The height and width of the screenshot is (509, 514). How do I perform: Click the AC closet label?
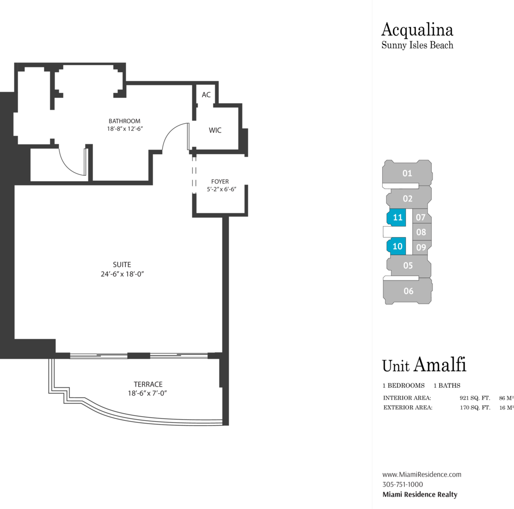(206, 95)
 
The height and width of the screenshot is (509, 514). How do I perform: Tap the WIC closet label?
(215, 130)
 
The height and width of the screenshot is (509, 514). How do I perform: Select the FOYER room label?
(220, 181)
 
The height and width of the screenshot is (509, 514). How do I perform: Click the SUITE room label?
(122, 264)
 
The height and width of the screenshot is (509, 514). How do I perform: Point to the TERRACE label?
(148, 384)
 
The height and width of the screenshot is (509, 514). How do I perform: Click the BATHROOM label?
(125, 121)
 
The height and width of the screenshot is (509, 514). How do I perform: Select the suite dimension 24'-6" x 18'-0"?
(122, 274)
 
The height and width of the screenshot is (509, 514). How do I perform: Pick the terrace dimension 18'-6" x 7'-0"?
(148, 393)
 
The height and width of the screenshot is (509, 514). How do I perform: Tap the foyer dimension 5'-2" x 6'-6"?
(222, 189)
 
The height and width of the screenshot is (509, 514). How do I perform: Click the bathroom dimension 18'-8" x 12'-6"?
(125, 129)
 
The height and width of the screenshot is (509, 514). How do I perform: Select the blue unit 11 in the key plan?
(396, 217)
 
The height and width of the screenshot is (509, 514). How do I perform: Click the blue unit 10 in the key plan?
(396, 246)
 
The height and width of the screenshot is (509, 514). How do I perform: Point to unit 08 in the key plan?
(422, 232)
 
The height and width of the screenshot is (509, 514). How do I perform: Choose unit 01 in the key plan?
(407, 173)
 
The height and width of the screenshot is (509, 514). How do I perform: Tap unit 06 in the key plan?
(408, 291)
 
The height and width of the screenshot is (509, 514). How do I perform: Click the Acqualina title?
(417, 30)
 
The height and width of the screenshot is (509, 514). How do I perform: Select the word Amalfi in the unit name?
(440, 364)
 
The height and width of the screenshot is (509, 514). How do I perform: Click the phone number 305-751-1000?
(403, 485)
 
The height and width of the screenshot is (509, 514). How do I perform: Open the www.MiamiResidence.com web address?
(422, 475)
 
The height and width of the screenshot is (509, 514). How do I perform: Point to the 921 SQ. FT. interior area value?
(475, 398)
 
